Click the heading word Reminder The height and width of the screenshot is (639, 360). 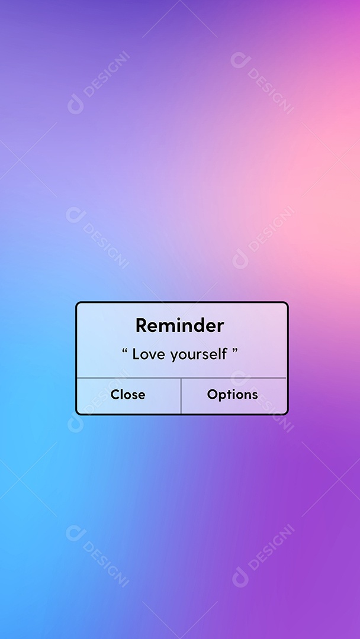pyautogui.click(x=179, y=325)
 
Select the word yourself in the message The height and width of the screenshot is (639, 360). pyautogui.click(x=199, y=355)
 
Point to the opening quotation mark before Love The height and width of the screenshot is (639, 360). pyautogui.click(x=125, y=351)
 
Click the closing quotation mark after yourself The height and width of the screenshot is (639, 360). pyautogui.click(x=235, y=351)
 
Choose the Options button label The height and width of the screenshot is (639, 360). pyautogui.click(x=232, y=395)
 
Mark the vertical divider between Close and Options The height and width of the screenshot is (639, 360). pyautogui.click(x=181, y=396)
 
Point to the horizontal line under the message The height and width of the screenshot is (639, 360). pyautogui.click(x=181, y=377)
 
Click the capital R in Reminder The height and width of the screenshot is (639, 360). pyautogui.click(x=141, y=325)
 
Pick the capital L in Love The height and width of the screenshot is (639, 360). pyautogui.click(x=136, y=354)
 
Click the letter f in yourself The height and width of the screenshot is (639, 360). pyautogui.click(x=225, y=354)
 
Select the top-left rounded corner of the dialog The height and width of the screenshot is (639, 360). pyautogui.click(x=78, y=305)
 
